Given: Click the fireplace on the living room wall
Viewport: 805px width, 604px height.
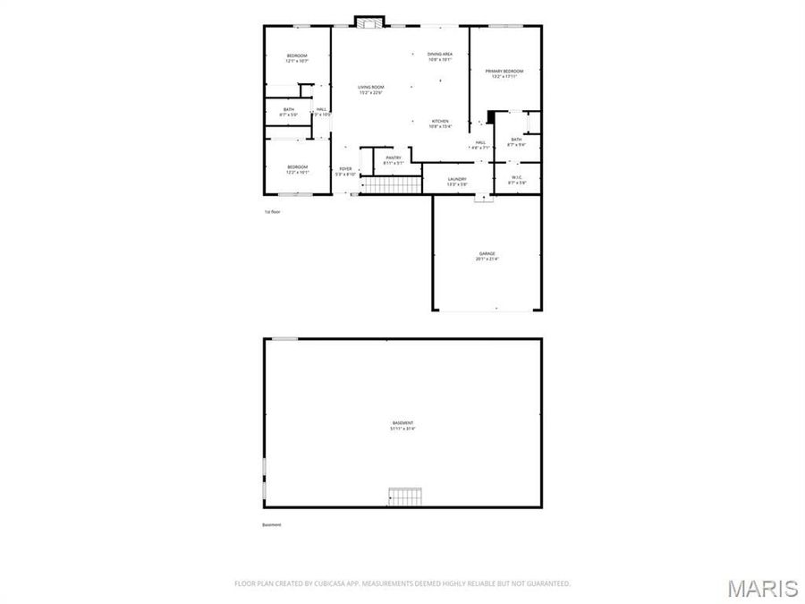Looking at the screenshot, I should tap(369, 21).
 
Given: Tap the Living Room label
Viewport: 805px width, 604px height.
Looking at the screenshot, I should tap(370, 87).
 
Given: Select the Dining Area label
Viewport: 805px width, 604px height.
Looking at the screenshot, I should tap(440, 55).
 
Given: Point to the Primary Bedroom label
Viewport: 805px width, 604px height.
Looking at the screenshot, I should tap(504, 71).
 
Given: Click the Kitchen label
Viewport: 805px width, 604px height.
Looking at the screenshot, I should tap(440, 121).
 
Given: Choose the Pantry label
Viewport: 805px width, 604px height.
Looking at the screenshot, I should tap(394, 157).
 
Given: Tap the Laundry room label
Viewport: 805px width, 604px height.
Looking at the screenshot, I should tap(457, 179).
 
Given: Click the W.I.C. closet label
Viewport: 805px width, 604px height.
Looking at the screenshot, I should tap(517, 177).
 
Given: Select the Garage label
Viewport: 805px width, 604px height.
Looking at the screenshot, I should tap(487, 253).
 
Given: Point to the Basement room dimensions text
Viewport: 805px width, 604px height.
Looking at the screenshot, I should tap(402, 429).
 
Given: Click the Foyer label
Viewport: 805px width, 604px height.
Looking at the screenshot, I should tap(345, 168).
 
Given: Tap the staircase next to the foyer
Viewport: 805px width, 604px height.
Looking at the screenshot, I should tap(391, 185).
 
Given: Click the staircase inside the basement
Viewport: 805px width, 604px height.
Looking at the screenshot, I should tap(403, 495).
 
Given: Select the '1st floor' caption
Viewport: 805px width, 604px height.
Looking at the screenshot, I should tap(273, 212).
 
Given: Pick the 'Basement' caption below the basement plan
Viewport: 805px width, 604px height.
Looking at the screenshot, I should tap(272, 525).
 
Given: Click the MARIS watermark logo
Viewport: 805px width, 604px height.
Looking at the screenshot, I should tap(762, 589).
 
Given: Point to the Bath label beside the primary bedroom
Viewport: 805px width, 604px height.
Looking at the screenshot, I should tap(516, 140).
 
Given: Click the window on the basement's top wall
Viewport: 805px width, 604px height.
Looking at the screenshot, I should tap(284, 338).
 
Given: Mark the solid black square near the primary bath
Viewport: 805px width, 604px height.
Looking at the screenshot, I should tap(490, 115).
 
